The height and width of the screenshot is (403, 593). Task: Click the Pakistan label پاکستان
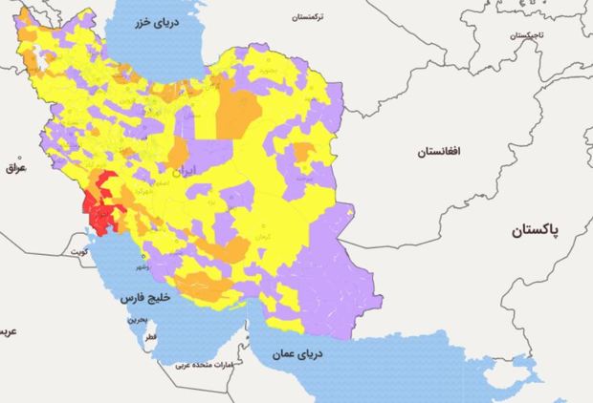(546, 231)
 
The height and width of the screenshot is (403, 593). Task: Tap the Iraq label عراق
(14, 167)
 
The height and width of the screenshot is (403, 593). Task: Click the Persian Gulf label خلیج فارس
(144, 297)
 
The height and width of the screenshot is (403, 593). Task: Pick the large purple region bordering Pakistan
(354, 277)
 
